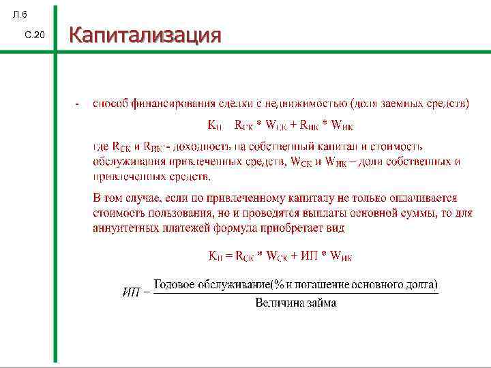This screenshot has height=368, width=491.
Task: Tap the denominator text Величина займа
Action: click(295, 303)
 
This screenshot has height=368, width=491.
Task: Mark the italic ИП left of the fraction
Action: click(132, 293)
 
